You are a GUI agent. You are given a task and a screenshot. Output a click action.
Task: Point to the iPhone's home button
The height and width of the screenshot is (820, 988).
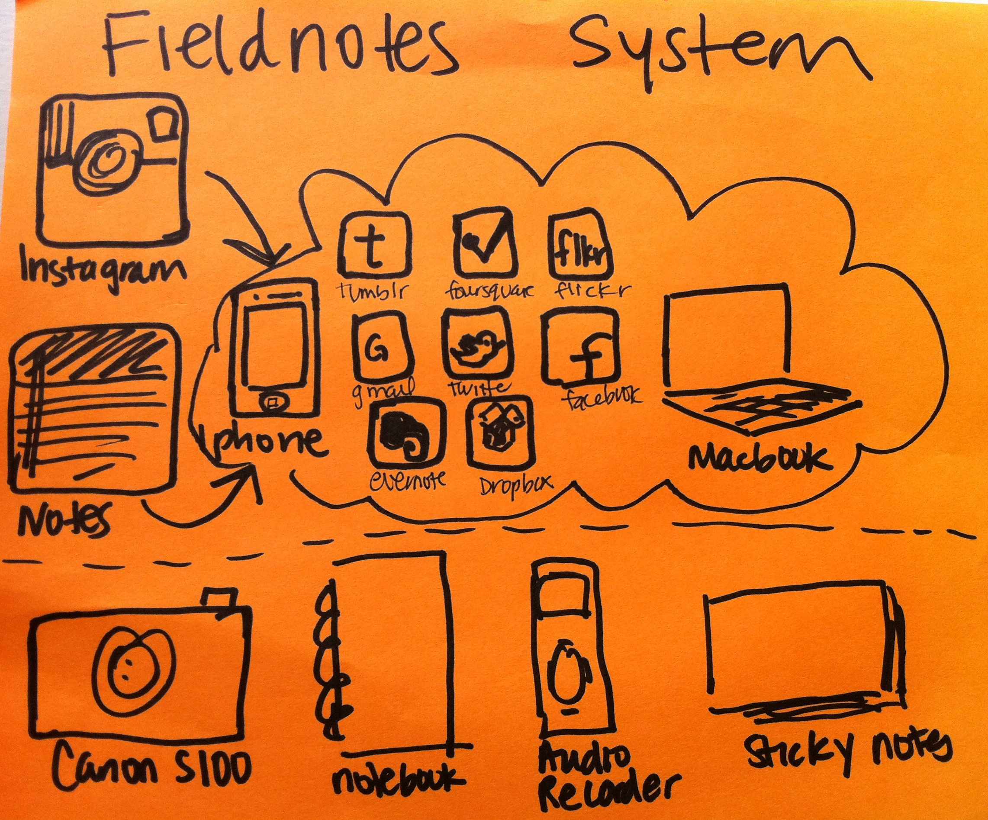[274, 401]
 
